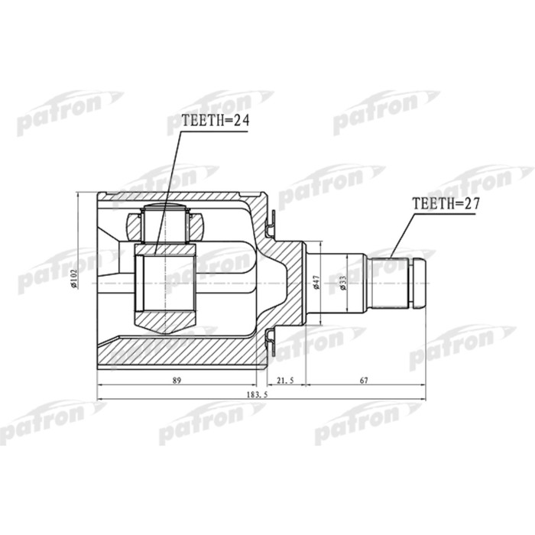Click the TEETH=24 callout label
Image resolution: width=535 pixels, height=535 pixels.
point(215,119)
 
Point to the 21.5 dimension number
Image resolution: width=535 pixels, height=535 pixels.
point(285,380)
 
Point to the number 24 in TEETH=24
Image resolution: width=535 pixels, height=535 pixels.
point(241,119)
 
